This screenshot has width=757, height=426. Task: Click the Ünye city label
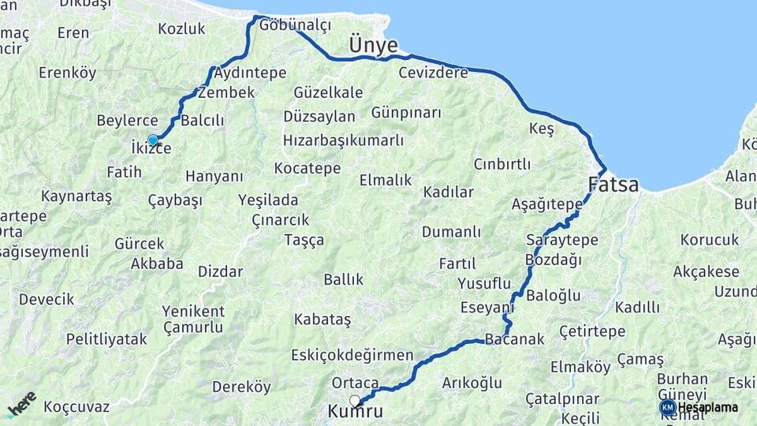coord(373,46)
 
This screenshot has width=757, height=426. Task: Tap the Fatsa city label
coord(613,185)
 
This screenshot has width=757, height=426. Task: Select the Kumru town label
coord(355,412)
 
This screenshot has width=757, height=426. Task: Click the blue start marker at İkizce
coord(153,140)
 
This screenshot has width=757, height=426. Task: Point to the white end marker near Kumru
coord(355,400)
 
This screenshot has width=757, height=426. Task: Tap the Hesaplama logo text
coord(707,407)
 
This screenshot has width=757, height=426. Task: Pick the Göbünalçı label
coord(294,25)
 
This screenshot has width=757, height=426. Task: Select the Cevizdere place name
coord(433,73)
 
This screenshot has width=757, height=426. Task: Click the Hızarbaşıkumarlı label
coord(343,140)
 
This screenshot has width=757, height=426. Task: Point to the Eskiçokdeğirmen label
coord(352,355)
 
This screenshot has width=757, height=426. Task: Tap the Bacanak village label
coord(515,339)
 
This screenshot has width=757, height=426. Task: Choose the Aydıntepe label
coord(249,73)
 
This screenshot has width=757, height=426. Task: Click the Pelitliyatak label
coord(106,339)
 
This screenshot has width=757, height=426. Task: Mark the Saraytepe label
coord(561,240)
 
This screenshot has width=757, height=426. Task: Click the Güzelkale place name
coord(328,92)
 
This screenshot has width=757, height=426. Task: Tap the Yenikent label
coord(193,311)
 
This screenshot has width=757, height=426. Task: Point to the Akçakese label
coord(706,272)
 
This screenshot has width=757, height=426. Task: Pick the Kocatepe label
coord(308,168)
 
